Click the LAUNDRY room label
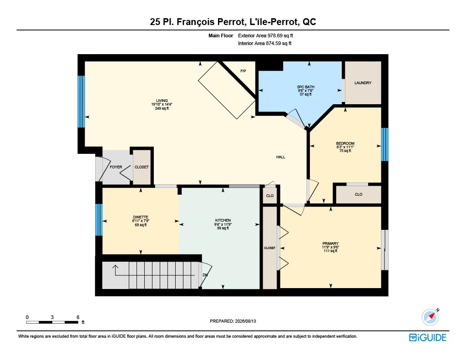[363, 83]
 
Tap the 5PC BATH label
[305, 87]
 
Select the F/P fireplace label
[243, 71]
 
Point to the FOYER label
[116, 167]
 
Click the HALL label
[280, 157]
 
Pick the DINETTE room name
[141, 217]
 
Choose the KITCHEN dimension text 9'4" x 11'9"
[223, 224]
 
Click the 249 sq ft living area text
[162, 108]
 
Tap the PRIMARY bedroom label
[330, 243]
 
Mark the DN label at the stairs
[205, 275]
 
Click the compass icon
[430, 317]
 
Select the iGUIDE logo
[428, 337]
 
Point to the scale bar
[52, 322]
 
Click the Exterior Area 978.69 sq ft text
[265, 35]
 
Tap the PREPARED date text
[233, 321]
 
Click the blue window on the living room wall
[81, 101]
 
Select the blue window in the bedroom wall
[385, 144]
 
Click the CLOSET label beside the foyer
[142, 167]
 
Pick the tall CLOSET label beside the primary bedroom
[269, 248]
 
